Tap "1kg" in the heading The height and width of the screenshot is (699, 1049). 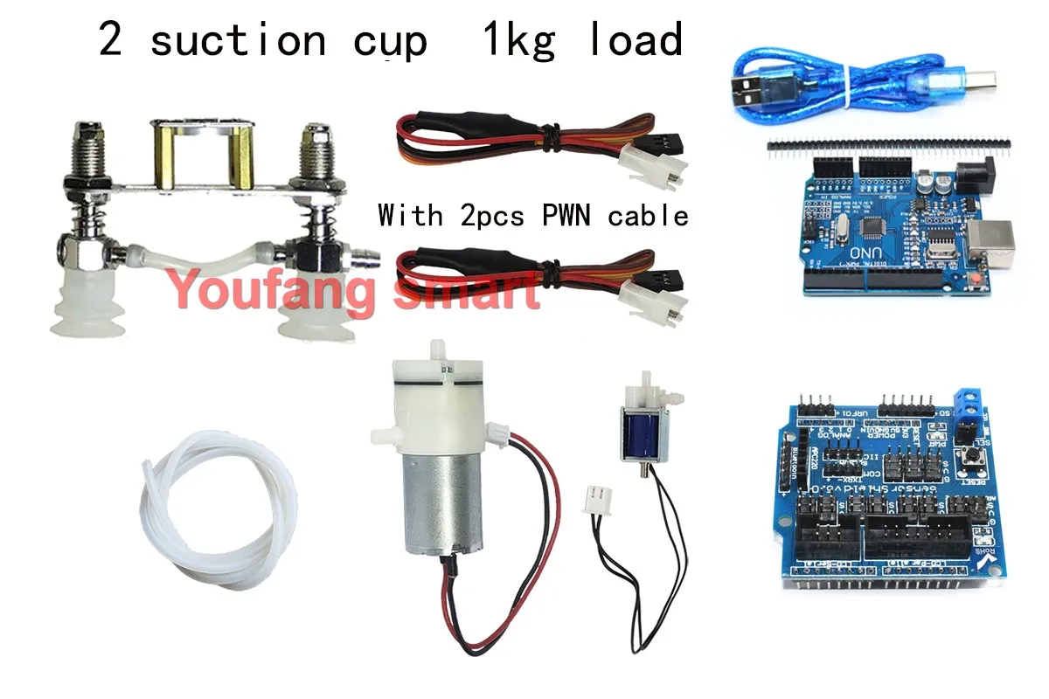(x=518, y=41)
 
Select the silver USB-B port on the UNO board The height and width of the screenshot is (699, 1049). (x=993, y=240)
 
